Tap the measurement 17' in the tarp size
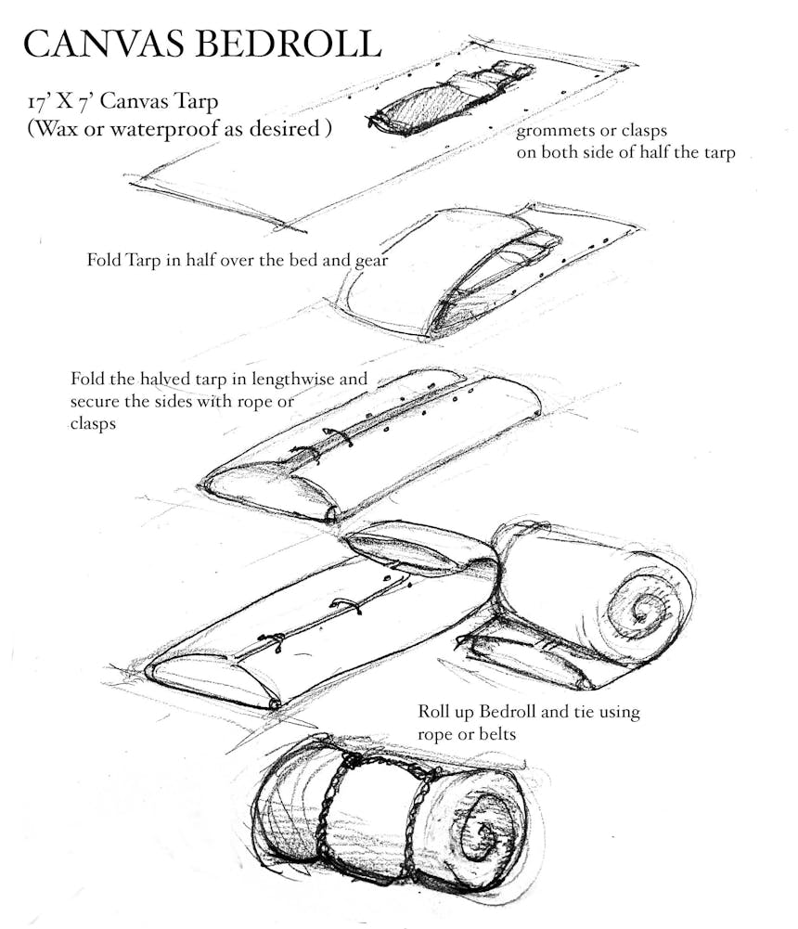pyautogui.click(x=38, y=102)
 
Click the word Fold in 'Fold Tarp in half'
pyautogui.click(x=103, y=260)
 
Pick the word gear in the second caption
pyautogui.click(x=370, y=262)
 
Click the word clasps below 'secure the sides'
pyautogui.click(x=93, y=424)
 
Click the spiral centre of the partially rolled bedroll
pyautogui.click(x=641, y=611)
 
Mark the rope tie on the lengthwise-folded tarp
pyautogui.click(x=337, y=437)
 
